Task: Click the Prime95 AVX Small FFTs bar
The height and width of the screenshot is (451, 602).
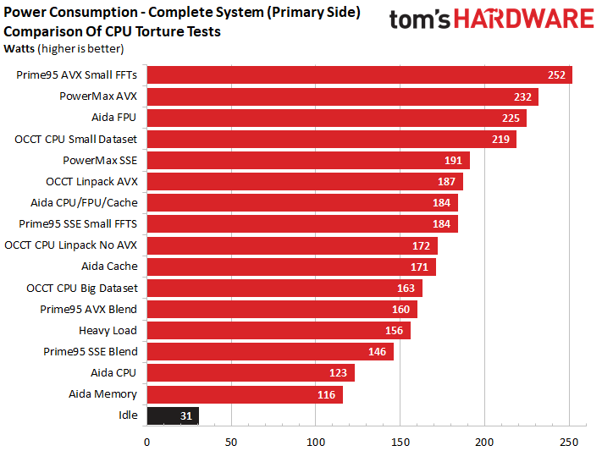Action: [359, 75]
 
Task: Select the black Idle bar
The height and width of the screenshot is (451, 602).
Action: [173, 415]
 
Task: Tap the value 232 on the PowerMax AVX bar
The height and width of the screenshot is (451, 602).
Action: [522, 96]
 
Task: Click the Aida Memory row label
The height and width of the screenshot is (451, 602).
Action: [102, 394]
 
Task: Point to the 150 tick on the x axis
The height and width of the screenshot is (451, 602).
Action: [400, 441]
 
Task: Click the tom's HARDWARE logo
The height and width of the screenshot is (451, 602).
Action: [490, 20]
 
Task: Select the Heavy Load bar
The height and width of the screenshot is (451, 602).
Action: [278, 331]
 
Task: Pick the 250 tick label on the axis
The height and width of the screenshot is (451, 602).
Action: [569, 441]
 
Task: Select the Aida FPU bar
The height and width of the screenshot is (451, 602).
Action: [336, 118]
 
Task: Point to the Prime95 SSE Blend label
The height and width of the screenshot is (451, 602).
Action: [90, 351]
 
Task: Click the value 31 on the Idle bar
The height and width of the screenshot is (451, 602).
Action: [186, 415]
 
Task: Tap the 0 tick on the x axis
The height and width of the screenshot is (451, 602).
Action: [147, 441]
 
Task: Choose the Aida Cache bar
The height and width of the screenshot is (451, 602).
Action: [290, 267]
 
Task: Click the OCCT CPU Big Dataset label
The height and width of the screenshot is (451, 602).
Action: [81, 288]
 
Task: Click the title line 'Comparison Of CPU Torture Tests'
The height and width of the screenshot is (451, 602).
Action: [113, 31]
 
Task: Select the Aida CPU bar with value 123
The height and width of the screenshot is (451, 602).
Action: [250, 373]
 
